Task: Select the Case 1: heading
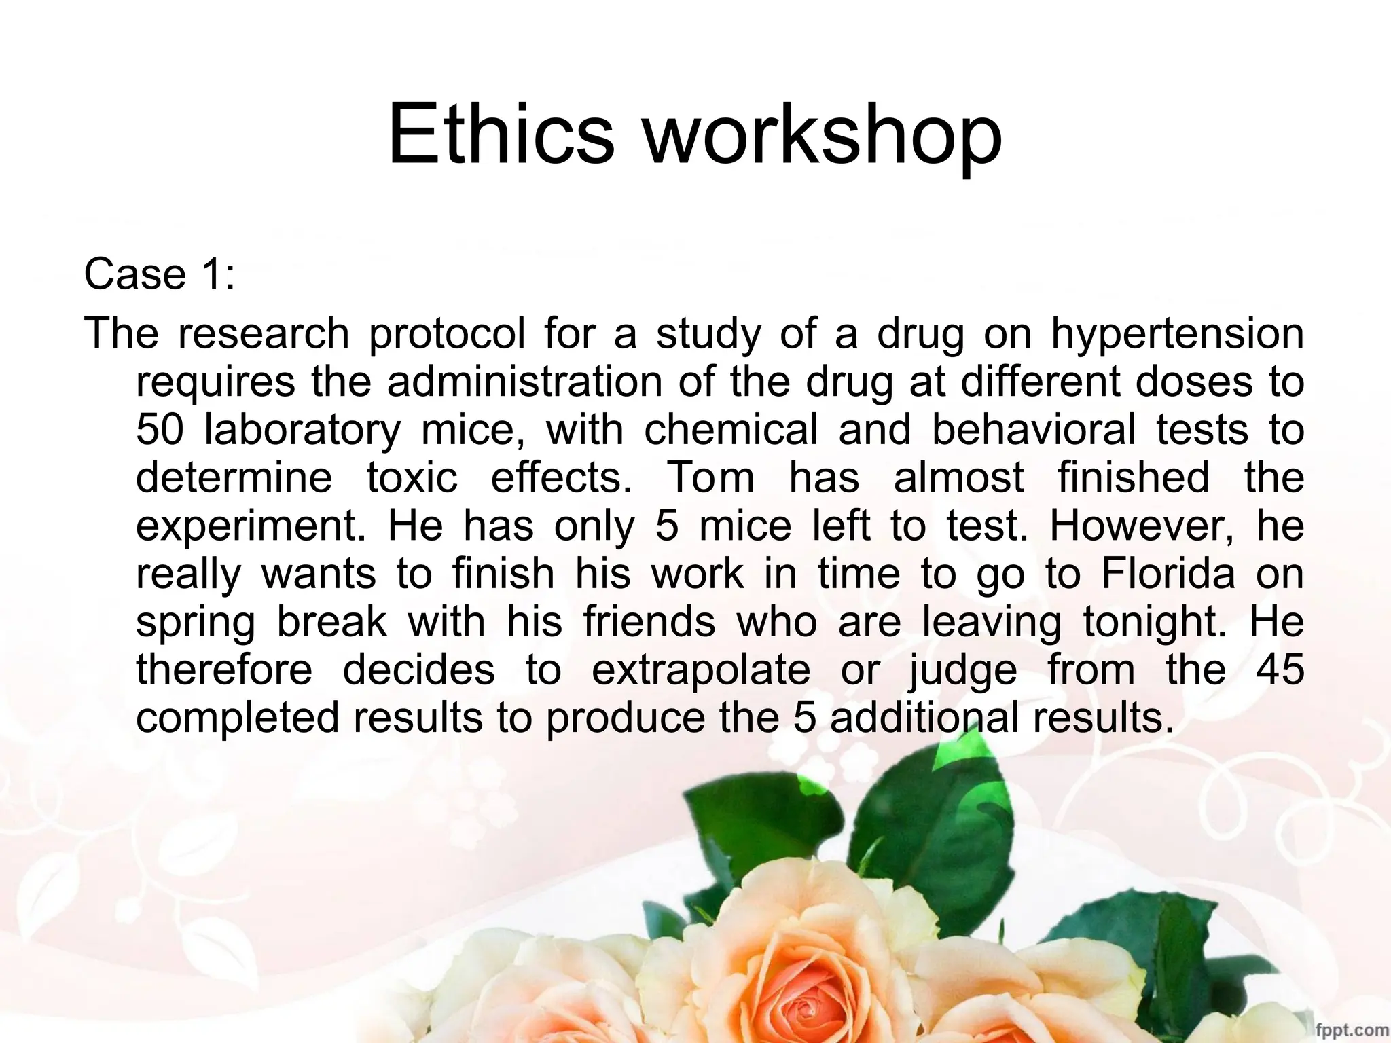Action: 160,274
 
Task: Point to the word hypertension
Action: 1178,335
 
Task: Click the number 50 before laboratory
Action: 160,430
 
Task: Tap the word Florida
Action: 1168,574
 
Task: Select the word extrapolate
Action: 701,671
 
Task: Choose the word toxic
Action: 412,477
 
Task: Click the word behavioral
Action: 1034,430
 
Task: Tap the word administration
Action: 524,382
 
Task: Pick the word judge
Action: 963,671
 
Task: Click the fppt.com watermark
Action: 1351,1030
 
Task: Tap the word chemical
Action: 731,430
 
